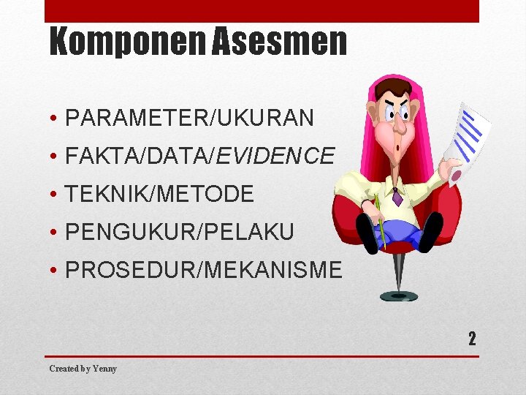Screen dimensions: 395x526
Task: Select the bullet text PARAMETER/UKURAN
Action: click(x=189, y=117)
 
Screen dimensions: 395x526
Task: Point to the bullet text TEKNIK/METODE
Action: click(x=159, y=195)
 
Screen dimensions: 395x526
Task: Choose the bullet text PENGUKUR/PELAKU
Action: click(x=180, y=233)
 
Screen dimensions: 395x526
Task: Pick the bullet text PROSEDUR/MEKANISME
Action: click(x=203, y=271)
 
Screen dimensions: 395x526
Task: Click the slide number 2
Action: click(x=472, y=339)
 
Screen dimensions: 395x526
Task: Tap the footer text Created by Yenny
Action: click(x=83, y=369)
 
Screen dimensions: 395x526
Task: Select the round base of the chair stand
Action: click(x=399, y=296)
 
